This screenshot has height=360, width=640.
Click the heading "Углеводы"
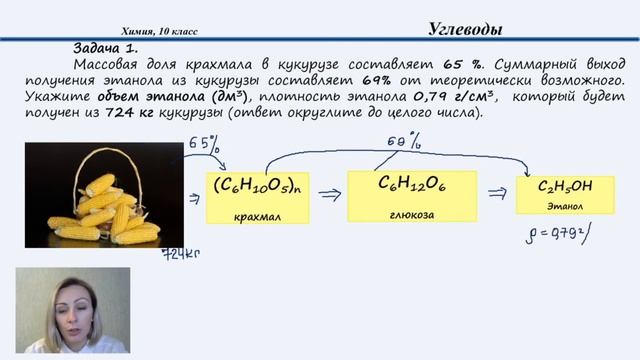coord(460,29)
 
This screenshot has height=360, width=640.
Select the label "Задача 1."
coord(105,48)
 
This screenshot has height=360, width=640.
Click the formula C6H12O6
coord(413,184)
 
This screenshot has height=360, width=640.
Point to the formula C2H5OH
coord(565,187)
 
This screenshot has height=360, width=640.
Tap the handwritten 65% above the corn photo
coord(203,146)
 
